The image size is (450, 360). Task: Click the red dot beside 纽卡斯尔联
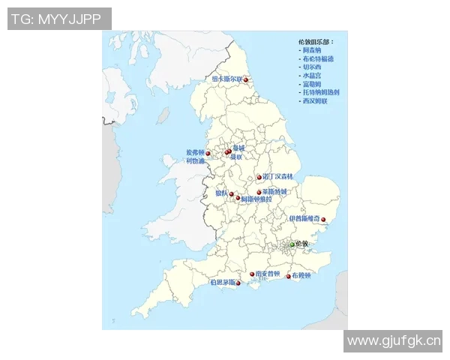pyautogui.click(x=245, y=79)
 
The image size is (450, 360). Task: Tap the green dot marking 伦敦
pyautogui.click(x=292, y=244)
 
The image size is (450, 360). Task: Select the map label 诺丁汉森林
pyautogui.click(x=279, y=177)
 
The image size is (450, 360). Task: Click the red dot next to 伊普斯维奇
pyautogui.click(x=324, y=220)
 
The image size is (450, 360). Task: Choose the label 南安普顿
pyautogui.click(x=268, y=274)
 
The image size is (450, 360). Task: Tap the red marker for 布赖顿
pyautogui.click(x=289, y=277)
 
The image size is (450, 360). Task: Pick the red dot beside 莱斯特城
pyautogui.click(x=259, y=192)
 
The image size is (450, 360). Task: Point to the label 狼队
pyautogui.click(x=222, y=193)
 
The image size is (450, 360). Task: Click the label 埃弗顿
pyautogui.click(x=195, y=152)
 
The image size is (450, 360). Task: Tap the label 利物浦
pyautogui.click(x=195, y=160)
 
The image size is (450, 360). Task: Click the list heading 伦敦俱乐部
pyautogui.click(x=316, y=42)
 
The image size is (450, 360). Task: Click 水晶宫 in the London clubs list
pyautogui.click(x=313, y=75)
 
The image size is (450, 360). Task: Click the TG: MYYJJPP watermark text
pyautogui.click(x=59, y=19)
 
